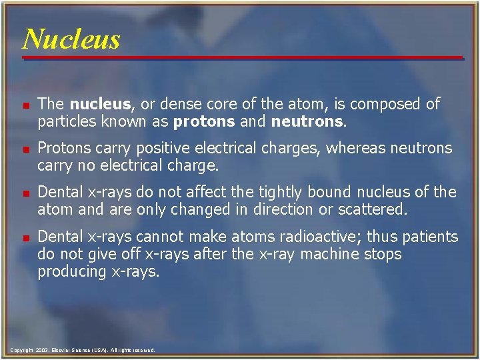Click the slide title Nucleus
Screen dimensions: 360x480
(x=71, y=39)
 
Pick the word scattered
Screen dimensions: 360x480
(x=373, y=209)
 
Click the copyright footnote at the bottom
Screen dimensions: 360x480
(x=83, y=350)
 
